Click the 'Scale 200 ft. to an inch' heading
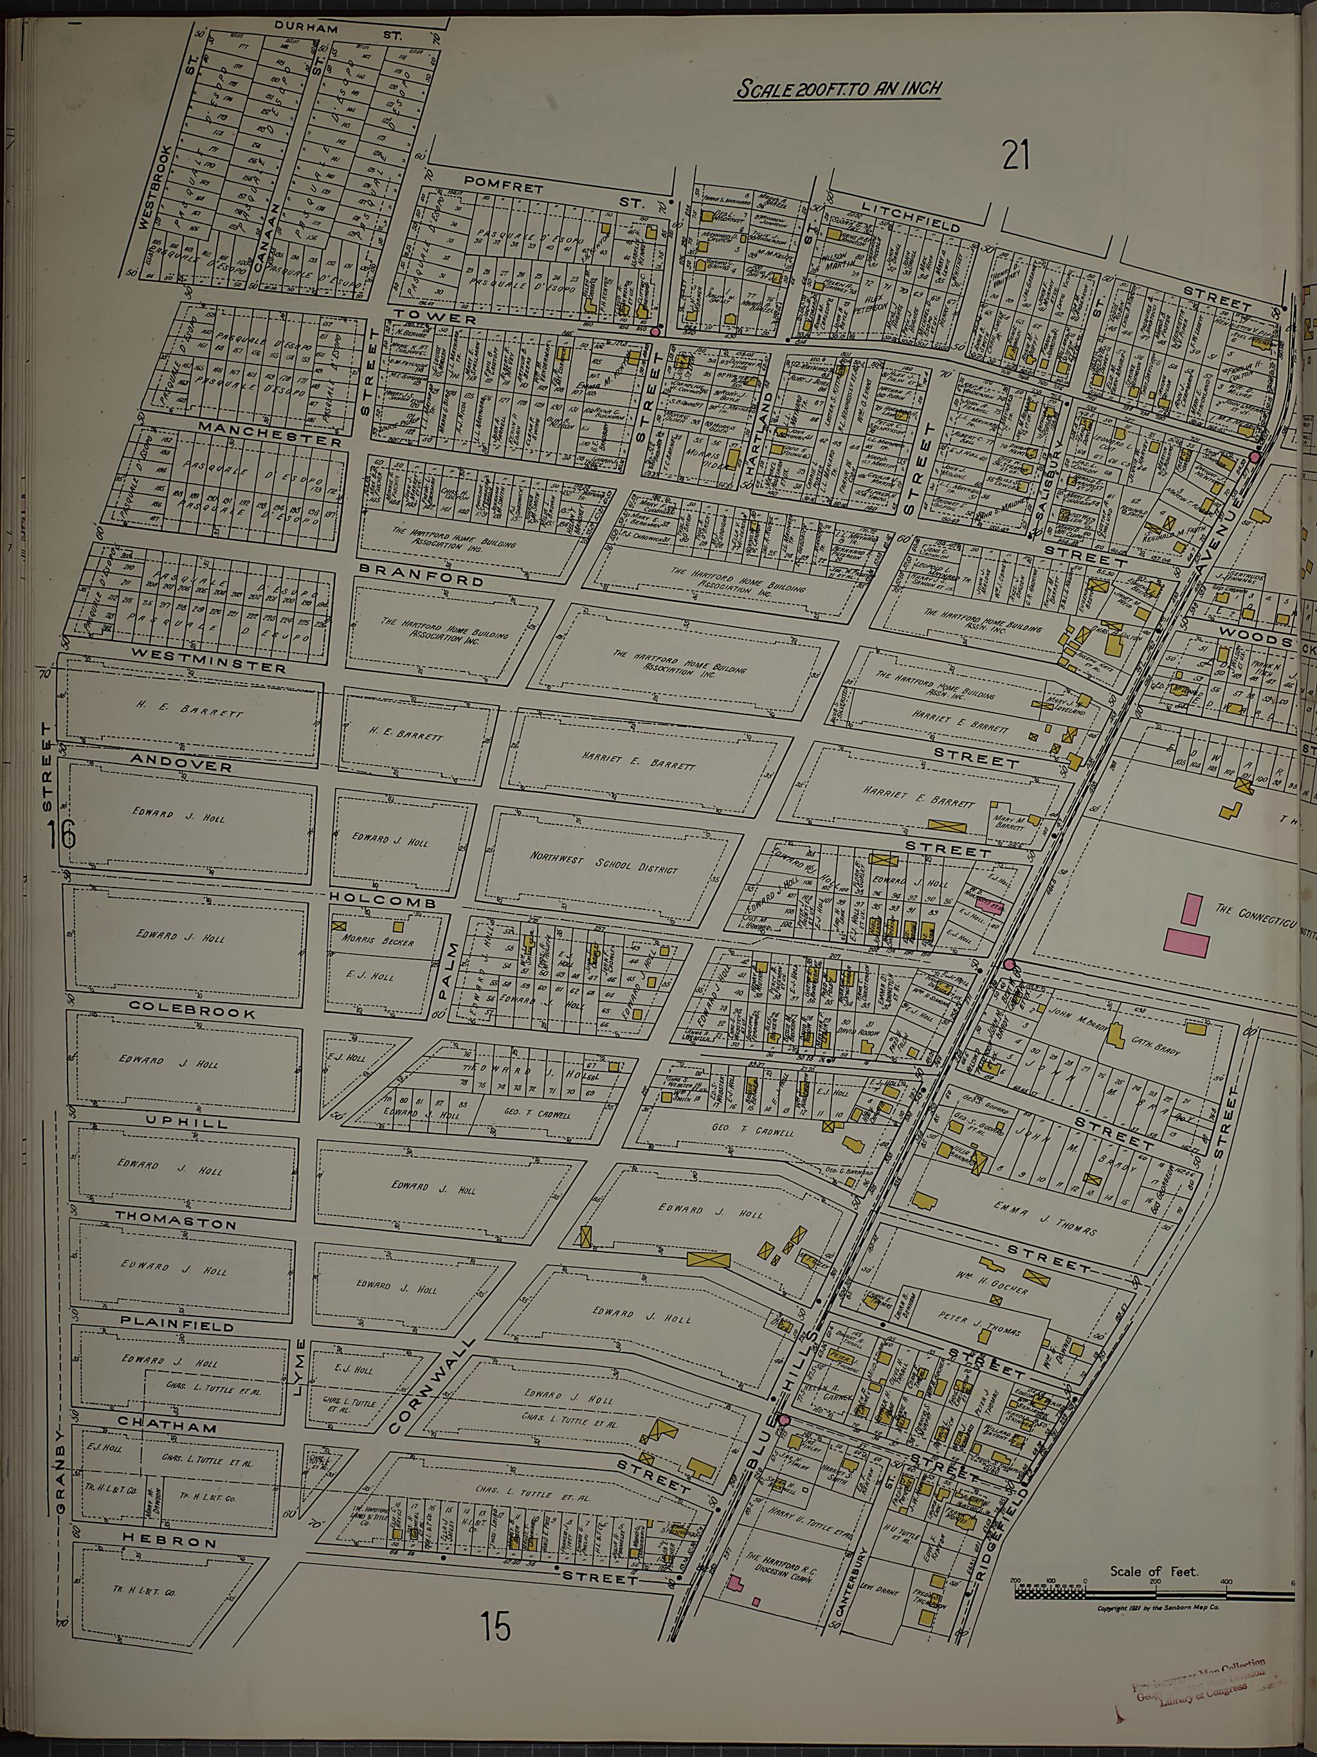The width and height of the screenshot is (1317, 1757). (839, 87)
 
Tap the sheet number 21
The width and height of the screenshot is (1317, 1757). (1015, 155)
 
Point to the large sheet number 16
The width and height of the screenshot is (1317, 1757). (61, 835)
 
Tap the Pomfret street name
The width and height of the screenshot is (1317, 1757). (504, 187)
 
